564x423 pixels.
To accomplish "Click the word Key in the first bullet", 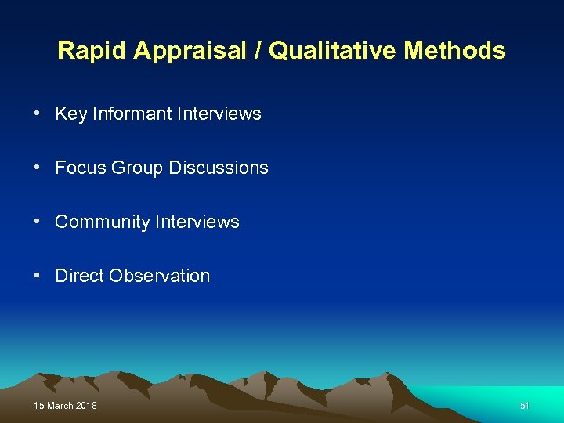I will [71, 114].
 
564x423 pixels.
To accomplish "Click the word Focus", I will [81, 168].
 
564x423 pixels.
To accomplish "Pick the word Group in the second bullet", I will [138, 168].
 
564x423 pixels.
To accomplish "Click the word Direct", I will [79, 276].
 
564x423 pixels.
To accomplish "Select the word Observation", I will [160, 276].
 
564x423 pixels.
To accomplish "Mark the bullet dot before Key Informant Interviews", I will [38, 114].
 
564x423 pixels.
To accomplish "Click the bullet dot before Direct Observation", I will [38, 276].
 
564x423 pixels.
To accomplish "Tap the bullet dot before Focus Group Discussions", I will [38, 168].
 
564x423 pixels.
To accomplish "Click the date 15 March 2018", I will [66, 406].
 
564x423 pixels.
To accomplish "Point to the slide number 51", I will [525, 406].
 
